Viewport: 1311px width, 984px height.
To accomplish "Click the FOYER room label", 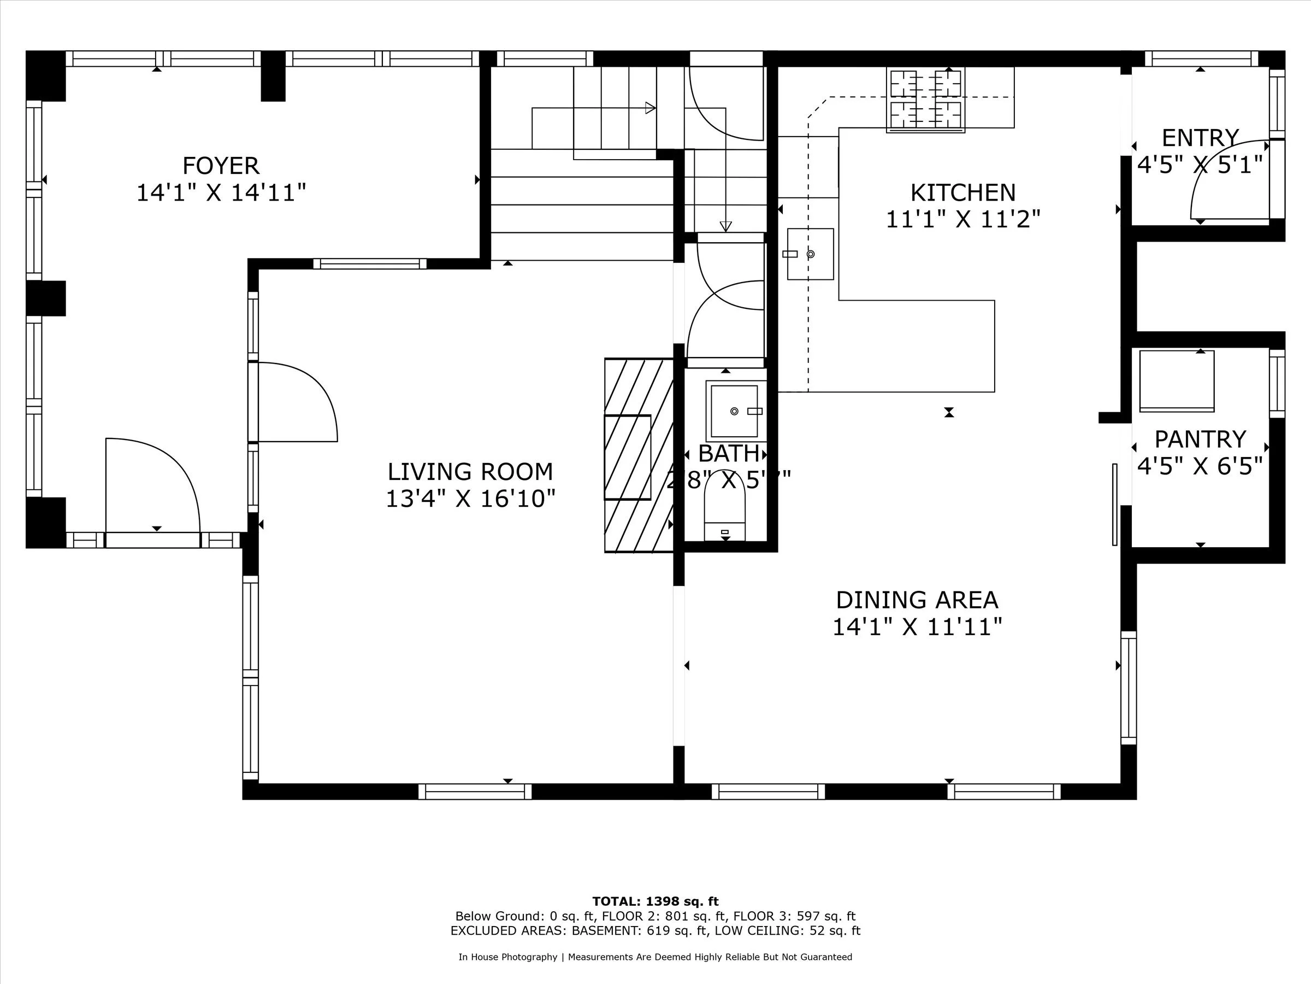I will [221, 166].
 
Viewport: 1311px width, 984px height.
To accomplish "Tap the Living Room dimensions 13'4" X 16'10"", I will [470, 499].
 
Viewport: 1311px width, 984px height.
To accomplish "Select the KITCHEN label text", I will [962, 193].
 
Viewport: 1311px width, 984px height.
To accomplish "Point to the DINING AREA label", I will [917, 600].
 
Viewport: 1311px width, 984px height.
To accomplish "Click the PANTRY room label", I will [1200, 440].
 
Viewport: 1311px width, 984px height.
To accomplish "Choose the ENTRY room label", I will [1200, 138].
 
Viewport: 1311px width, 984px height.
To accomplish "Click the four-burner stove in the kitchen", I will [925, 99].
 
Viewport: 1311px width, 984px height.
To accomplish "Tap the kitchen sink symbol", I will [810, 254].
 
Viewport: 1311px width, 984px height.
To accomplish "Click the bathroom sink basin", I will [734, 411].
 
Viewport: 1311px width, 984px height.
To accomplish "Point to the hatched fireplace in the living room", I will [639, 455].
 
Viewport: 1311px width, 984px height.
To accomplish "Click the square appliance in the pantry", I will [1177, 380].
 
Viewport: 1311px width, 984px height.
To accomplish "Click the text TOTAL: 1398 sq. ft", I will [655, 901].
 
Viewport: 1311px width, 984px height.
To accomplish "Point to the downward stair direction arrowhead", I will [725, 226].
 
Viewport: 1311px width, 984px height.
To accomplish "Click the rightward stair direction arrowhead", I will [650, 108].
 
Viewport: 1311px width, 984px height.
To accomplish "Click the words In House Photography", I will [507, 957].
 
